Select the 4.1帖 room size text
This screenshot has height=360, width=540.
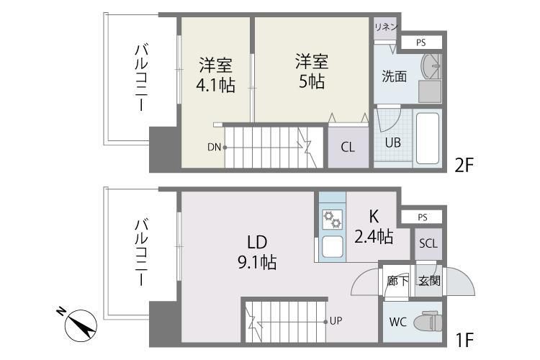pyautogui.click(x=215, y=85)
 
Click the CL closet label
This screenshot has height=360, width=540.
pyautogui.click(x=348, y=148)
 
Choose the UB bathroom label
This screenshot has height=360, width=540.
pyautogui.click(x=392, y=143)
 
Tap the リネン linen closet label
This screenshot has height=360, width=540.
pyautogui.click(x=384, y=27)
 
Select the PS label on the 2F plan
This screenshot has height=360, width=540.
pyautogui.click(x=420, y=43)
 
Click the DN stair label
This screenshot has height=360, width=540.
pyautogui.click(x=214, y=147)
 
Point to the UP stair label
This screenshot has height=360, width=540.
pyautogui.click(x=336, y=321)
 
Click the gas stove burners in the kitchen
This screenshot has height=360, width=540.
pyautogui.click(x=331, y=218)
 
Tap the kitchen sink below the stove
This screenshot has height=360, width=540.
pyautogui.click(x=331, y=247)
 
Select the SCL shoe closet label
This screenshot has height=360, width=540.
pyautogui.click(x=428, y=243)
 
